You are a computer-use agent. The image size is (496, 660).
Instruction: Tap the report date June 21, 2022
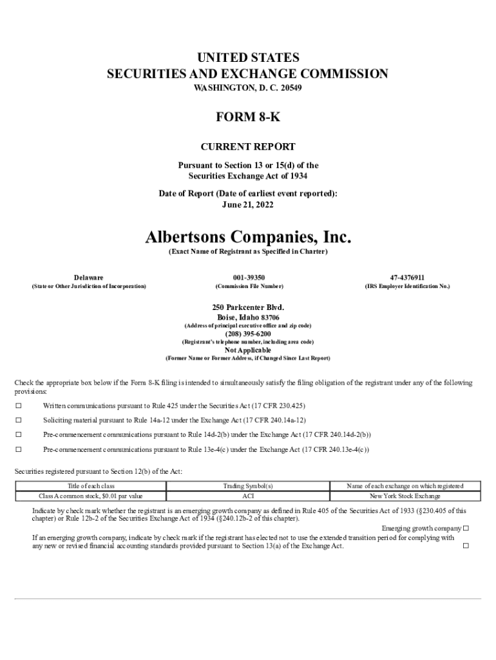pyautogui.click(x=248, y=205)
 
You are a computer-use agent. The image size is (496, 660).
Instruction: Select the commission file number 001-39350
pyautogui.click(x=248, y=277)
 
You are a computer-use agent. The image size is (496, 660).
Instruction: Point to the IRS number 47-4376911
pyautogui.click(x=407, y=277)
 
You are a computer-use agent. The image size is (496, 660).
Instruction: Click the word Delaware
pyautogui.click(x=88, y=277)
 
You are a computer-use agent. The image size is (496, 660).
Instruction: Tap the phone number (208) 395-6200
pyautogui.click(x=248, y=334)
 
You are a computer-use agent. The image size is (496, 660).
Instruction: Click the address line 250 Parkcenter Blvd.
pyautogui.click(x=248, y=307)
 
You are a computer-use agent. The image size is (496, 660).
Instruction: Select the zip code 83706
pyautogui.click(x=269, y=318)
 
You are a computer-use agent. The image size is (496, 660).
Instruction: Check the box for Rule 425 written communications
pyautogui.click(x=19, y=405)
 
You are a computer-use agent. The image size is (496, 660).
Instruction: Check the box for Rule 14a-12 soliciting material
pyautogui.click(x=19, y=420)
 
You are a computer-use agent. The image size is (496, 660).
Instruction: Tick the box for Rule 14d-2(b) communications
pyautogui.click(x=19, y=434)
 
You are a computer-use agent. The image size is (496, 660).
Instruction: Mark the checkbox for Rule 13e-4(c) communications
pyautogui.click(x=19, y=449)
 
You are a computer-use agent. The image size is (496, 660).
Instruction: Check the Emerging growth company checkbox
pyautogui.click(x=466, y=529)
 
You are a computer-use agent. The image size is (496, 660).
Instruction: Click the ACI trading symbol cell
pyautogui.click(x=248, y=496)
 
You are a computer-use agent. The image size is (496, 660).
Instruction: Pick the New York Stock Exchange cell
pyautogui.click(x=405, y=496)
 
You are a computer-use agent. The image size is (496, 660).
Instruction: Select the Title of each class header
pyautogui.click(x=91, y=486)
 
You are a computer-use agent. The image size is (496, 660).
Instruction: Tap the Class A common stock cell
pyautogui.click(x=91, y=496)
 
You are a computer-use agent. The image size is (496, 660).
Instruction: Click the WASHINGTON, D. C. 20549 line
pyautogui.click(x=248, y=87)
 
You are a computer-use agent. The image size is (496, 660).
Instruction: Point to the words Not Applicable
pyautogui.click(x=248, y=350)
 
